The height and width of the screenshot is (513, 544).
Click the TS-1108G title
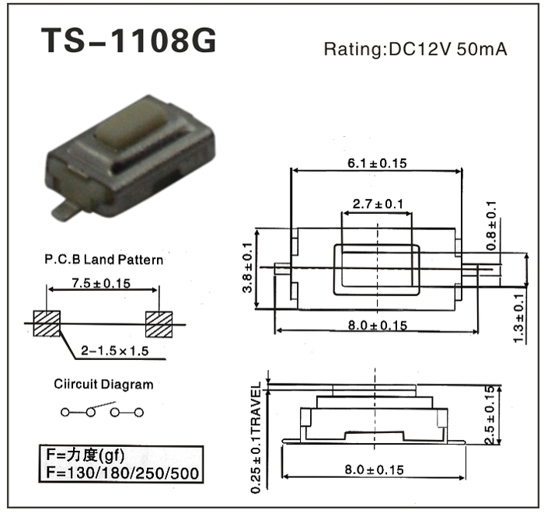coord(129,40)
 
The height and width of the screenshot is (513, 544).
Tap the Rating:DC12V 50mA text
coord(415,49)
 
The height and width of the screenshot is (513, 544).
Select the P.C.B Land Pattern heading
coord(103,260)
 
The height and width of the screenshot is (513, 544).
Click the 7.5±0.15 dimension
coord(101,284)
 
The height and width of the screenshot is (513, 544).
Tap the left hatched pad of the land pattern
coord(47,323)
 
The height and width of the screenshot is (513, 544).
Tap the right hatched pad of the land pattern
coord(159,324)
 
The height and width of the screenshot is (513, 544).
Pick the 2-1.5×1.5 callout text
coord(114,351)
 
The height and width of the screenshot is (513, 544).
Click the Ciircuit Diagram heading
coord(103,384)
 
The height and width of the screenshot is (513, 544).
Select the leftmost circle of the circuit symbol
coord(65,412)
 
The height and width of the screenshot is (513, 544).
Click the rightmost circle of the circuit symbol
coord(139,413)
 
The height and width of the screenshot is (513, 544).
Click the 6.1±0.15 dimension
coord(377,163)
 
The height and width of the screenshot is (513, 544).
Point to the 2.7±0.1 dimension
coord(378,204)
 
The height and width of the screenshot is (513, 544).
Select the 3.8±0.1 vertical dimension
coord(247,267)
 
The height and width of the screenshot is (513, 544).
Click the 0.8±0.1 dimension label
coord(491,226)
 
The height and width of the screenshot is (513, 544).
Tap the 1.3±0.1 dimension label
coord(518,318)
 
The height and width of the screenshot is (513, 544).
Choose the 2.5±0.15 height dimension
coord(490,415)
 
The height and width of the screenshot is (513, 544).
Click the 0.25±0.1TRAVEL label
coord(256,438)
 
